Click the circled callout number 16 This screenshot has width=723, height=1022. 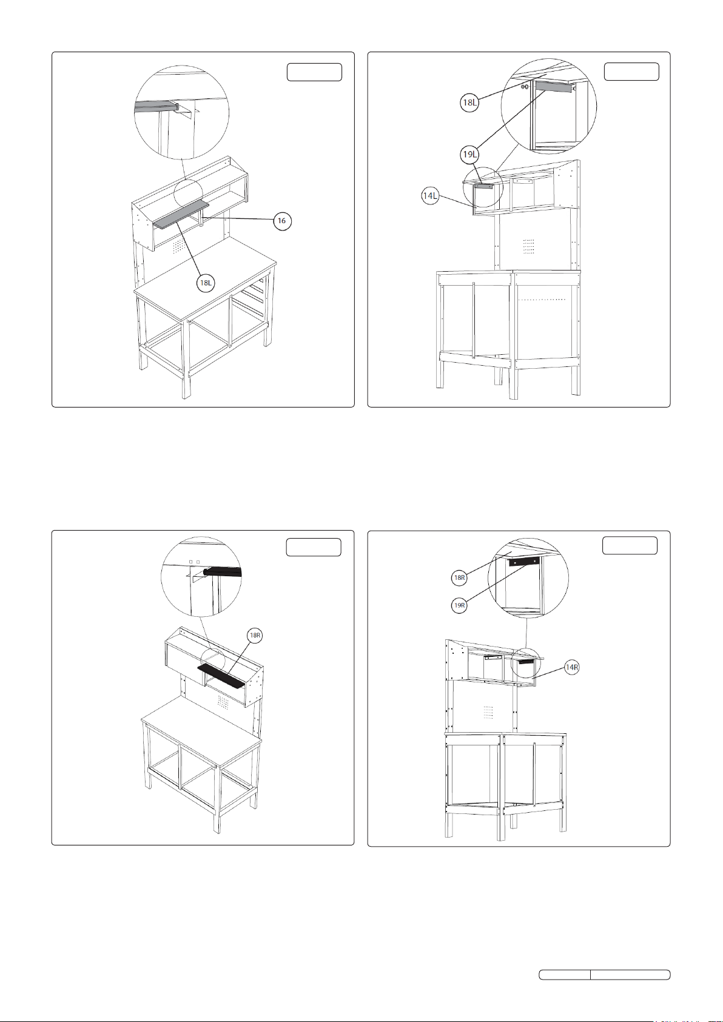pyautogui.click(x=283, y=221)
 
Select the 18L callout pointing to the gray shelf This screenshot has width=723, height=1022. pyautogui.click(x=206, y=283)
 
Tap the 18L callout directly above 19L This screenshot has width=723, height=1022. pyautogui.click(x=469, y=103)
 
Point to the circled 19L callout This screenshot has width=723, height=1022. pyautogui.click(x=469, y=155)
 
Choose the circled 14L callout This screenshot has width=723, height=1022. pyautogui.click(x=430, y=196)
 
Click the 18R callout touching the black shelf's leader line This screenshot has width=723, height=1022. pyautogui.click(x=255, y=636)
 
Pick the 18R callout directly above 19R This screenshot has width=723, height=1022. pyautogui.click(x=459, y=578)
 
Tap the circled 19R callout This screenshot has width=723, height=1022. pyautogui.click(x=459, y=605)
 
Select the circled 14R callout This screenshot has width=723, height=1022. pyautogui.click(x=571, y=668)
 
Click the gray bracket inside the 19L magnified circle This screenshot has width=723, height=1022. pyautogui.click(x=554, y=87)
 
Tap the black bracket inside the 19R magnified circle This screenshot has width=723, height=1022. pyautogui.click(x=524, y=562)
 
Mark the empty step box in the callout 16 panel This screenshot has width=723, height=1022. pyautogui.click(x=314, y=72)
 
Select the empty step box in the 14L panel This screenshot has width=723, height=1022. pyautogui.click(x=632, y=72)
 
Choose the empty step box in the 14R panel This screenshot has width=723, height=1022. pyautogui.click(x=630, y=545)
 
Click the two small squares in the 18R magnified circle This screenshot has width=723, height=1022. pyautogui.click(x=195, y=562)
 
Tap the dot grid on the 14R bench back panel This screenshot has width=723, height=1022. pyautogui.click(x=488, y=711)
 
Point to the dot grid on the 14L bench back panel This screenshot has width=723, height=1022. pyautogui.click(x=529, y=246)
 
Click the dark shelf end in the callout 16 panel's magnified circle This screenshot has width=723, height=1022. pyautogui.click(x=156, y=107)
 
